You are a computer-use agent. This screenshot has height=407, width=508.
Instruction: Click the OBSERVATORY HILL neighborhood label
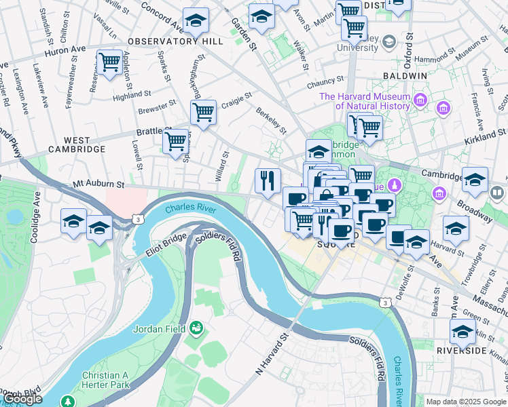pyautogui.click(x=175, y=41)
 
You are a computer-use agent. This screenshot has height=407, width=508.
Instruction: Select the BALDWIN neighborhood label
pyautogui.click(x=405, y=75)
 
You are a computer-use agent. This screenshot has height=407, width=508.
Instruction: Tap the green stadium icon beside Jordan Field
pyautogui.click(x=197, y=329)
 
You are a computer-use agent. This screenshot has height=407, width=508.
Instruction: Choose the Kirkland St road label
pyautogui.click(x=486, y=136)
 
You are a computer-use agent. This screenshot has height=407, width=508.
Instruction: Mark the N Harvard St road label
pyautogui.click(x=272, y=353)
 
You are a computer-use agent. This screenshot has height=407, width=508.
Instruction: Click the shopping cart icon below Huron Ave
pyautogui.click(x=109, y=62)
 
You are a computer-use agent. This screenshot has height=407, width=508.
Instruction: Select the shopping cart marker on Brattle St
pyautogui.click(x=175, y=141)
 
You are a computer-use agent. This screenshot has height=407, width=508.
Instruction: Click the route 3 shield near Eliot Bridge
pyautogui.click(x=139, y=219)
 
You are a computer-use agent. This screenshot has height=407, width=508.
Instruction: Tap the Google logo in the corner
pyautogui.click(x=23, y=400)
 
